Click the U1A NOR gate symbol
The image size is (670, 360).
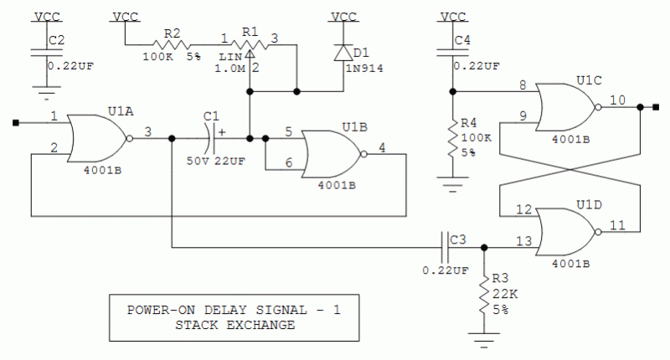coord(96,138)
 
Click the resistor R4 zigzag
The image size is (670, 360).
coord(453,137)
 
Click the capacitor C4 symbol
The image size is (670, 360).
coord(453,52)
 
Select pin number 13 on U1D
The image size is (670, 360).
coord(523,240)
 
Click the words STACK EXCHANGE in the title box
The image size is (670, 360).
coord(234,325)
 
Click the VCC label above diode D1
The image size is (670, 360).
coord(343,16)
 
